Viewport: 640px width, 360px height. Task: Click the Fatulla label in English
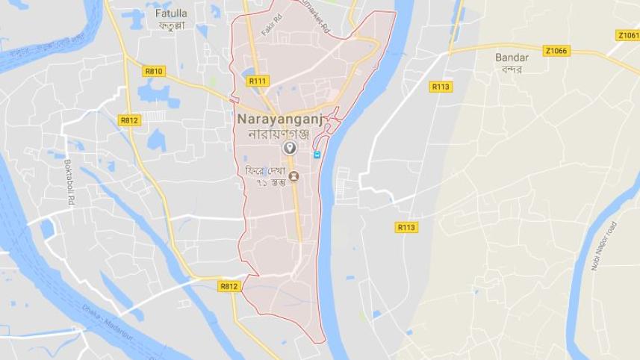pos(171,13)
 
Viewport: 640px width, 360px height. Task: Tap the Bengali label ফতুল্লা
pos(171,25)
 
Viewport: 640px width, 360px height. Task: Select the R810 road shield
pos(154,71)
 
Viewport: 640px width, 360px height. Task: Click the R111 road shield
pos(258,81)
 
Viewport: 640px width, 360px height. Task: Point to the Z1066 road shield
pos(556,51)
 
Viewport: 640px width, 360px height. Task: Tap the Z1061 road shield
pos(628,35)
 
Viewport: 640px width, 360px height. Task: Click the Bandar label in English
pos(512,58)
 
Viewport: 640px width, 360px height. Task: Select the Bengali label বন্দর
pos(512,69)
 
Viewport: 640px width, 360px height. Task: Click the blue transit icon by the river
pos(317,155)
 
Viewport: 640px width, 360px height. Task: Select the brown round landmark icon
pos(293,176)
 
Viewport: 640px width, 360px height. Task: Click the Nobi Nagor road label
pos(604,246)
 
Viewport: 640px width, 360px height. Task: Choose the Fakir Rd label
pos(271,28)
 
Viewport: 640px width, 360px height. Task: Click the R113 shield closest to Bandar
pos(441,87)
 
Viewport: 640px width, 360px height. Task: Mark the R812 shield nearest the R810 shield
pos(128,120)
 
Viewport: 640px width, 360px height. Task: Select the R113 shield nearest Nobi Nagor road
pos(406,227)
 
